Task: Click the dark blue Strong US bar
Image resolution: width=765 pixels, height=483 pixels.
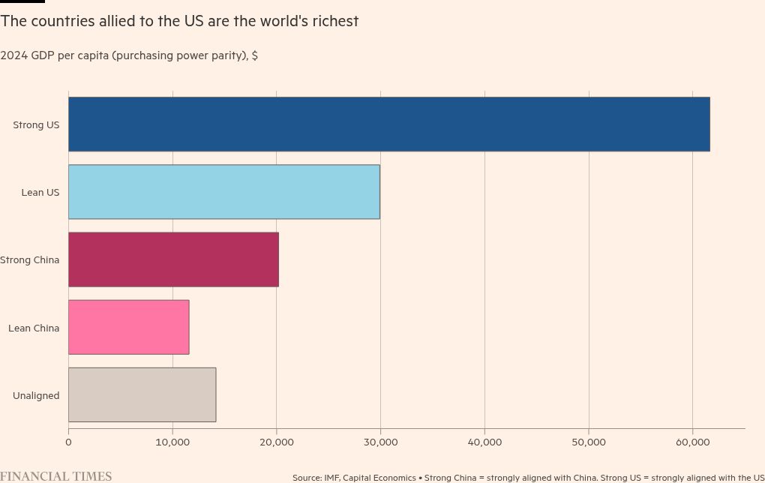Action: coord(388,124)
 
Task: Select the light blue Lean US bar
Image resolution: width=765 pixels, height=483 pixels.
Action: coord(223,192)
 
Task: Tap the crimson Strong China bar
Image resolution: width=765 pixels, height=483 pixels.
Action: coord(173,259)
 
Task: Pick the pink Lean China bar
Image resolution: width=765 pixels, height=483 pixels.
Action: coord(128,327)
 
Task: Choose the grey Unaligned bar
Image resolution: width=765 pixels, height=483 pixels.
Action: coord(142,394)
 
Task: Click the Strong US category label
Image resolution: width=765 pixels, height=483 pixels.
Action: coord(36,124)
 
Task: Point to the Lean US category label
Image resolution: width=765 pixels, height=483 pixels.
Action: coord(40,193)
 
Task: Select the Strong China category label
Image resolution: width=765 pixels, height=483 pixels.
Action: coord(30,260)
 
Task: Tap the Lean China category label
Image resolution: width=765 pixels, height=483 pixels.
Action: coord(34,328)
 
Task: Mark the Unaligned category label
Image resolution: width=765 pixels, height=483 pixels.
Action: coord(36,395)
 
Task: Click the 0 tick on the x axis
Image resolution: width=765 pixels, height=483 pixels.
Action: coord(68,442)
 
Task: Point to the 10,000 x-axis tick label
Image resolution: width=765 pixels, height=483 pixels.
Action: coord(172,442)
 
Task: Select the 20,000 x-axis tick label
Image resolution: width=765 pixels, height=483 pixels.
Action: coord(277,442)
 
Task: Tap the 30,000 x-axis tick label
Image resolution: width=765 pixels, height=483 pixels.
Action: coord(380,442)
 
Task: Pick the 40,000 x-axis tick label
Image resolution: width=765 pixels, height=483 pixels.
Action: coord(484,442)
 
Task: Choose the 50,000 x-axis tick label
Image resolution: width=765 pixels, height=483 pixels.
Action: coord(589,442)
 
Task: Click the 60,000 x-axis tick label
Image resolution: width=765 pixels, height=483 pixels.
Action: coord(692,442)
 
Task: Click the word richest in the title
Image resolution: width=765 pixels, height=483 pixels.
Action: coord(334,21)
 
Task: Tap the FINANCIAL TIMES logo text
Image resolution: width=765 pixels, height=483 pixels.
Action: coord(56,476)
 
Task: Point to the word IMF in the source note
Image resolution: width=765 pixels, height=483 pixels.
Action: coord(331,478)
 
